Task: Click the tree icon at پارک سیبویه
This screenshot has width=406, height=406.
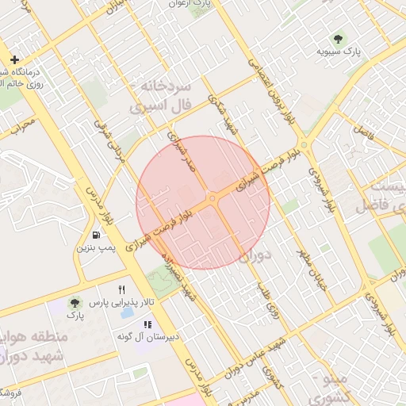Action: pos(339,38)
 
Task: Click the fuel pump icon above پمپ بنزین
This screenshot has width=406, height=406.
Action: pos(96,235)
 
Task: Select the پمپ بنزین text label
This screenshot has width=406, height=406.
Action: pos(96,248)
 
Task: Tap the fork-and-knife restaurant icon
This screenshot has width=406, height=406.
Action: pos(121,289)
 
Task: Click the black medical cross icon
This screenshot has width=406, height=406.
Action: pos(14,59)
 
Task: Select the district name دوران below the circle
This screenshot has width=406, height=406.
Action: pos(254,256)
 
